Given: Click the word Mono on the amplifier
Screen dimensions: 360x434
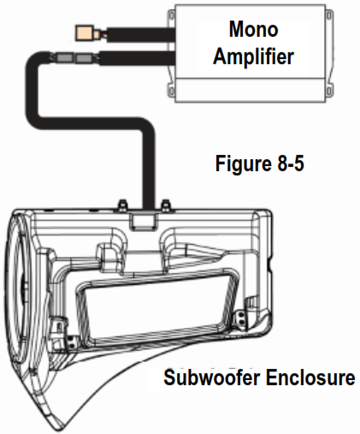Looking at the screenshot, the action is pyautogui.click(x=253, y=29).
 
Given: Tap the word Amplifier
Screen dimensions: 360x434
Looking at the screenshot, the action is pyautogui.click(x=253, y=56).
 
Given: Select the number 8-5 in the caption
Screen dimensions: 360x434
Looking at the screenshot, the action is pyautogui.click(x=290, y=163).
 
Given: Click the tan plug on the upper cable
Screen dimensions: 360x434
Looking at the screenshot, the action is pyautogui.click(x=85, y=33).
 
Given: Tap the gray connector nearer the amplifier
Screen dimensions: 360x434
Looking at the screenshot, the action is pyautogui.click(x=85, y=58).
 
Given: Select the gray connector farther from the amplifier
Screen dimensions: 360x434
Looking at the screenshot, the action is pyautogui.click(x=64, y=58).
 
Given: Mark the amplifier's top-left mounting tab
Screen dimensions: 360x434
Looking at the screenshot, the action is pyautogui.click(x=171, y=15).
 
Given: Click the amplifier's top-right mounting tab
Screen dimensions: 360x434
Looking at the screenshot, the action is pyautogui.click(x=329, y=15).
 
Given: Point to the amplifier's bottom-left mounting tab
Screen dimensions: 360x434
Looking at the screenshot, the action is pyautogui.click(x=171, y=89).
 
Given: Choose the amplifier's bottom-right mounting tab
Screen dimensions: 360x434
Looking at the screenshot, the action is pyautogui.click(x=329, y=89).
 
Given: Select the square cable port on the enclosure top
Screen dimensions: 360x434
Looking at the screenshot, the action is pyautogui.click(x=143, y=222).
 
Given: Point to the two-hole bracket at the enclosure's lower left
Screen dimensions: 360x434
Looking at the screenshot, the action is pyautogui.click(x=70, y=342).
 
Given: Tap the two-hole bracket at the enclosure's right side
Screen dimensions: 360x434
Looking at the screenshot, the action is pyautogui.click(x=241, y=318).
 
